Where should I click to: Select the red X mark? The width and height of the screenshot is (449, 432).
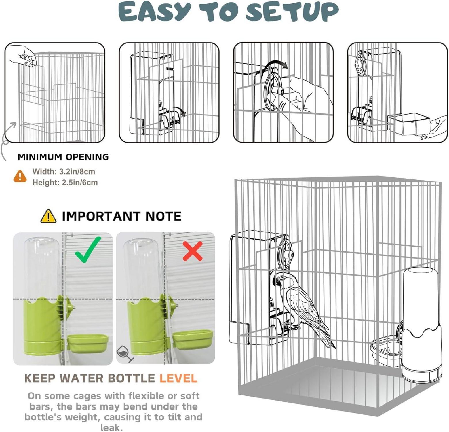193,251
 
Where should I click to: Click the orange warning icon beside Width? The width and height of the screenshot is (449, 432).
20,176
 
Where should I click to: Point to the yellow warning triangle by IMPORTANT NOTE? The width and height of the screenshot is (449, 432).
48,216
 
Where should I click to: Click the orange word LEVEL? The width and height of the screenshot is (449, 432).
178,378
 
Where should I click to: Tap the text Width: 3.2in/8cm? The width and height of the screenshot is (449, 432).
64,172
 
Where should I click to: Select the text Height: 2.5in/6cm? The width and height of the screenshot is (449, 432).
65,183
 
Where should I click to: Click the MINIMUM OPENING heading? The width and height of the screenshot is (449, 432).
63,157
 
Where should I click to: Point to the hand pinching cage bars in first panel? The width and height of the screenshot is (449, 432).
23,56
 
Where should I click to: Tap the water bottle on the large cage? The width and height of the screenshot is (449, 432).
421,324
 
